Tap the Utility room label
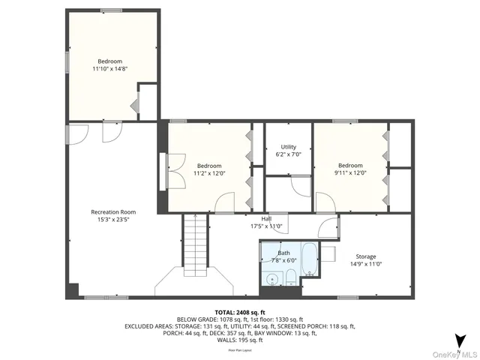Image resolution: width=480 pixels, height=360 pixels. pyautogui.click(x=289, y=147)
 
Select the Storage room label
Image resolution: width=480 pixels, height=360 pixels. pyautogui.click(x=366, y=256)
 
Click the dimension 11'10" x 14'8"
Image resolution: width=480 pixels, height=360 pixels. pyautogui.click(x=109, y=69)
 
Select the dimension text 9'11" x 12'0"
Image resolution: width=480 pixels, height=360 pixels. pyautogui.click(x=350, y=173)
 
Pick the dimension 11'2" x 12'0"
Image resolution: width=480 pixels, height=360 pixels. pyautogui.click(x=210, y=173)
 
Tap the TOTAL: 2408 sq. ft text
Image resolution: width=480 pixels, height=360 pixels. pyautogui.click(x=240, y=311)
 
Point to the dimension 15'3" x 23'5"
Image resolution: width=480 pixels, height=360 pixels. pyautogui.click(x=113, y=220)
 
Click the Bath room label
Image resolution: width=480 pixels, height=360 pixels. pyautogui.click(x=283, y=253)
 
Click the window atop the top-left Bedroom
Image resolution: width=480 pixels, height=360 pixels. pyautogui.click(x=111, y=10)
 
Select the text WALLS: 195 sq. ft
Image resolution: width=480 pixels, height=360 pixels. pyautogui.click(x=240, y=340)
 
